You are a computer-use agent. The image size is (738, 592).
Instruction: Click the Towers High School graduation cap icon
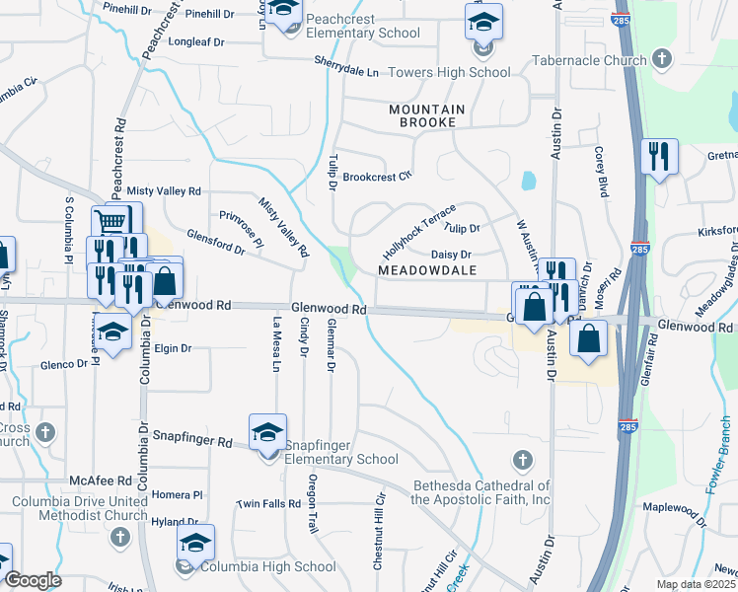(x=483, y=21)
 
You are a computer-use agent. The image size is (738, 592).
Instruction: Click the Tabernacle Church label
(x=588, y=60)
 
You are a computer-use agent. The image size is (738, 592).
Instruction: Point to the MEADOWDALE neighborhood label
(x=428, y=270)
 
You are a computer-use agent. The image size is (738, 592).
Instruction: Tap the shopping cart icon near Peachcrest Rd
(x=114, y=221)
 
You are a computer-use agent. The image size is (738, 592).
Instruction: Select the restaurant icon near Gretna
(x=659, y=156)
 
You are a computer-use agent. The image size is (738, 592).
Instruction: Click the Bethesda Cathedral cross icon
(x=522, y=459)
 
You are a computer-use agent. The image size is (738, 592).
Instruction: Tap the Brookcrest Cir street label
(x=376, y=178)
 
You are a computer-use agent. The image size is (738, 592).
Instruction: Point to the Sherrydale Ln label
(x=346, y=73)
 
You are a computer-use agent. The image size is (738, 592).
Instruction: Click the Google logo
(x=33, y=580)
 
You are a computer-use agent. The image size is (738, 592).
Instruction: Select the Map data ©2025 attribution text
(x=696, y=584)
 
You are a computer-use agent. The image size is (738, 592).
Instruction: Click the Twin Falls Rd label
(x=267, y=503)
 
